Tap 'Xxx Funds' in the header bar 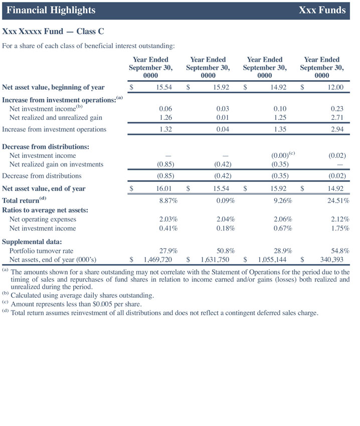click(322, 10)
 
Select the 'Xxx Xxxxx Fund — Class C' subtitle click(53, 32)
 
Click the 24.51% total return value click(335, 201)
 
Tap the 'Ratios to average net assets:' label click(45, 210)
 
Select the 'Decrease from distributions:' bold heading click(46, 147)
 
